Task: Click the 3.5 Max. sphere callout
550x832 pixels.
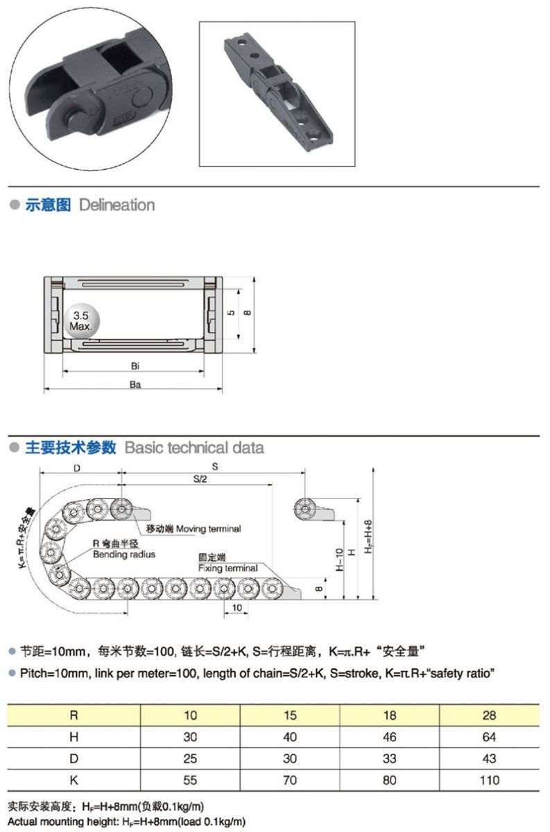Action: point(82,321)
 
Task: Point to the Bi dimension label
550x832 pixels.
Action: point(135,366)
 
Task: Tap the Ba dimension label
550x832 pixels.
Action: point(135,384)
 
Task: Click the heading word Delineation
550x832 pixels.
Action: point(117,205)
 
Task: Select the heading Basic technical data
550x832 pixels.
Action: point(194,448)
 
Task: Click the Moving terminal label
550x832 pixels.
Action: point(209,528)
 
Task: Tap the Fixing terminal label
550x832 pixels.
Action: point(227,568)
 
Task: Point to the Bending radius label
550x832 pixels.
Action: point(124,555)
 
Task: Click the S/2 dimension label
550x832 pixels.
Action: point(200,479)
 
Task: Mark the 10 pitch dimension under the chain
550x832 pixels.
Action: point(237,607)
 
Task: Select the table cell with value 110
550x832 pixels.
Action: point(490,780)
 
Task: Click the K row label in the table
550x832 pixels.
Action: point(74,780)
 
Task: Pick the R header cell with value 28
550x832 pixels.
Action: point(489,715)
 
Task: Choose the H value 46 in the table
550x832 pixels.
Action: point(390,736)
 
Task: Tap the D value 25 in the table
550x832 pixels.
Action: point(190,758)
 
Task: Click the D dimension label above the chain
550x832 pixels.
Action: point(77,468)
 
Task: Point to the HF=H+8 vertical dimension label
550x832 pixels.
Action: point(368,537)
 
